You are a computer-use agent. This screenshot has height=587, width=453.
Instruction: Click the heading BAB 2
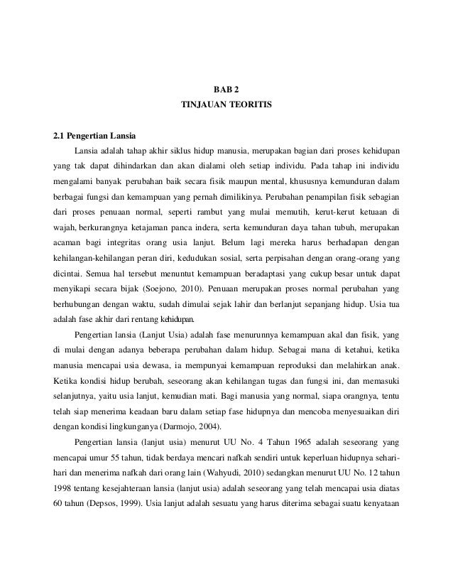pyautogui.click(x=226, y=90)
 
